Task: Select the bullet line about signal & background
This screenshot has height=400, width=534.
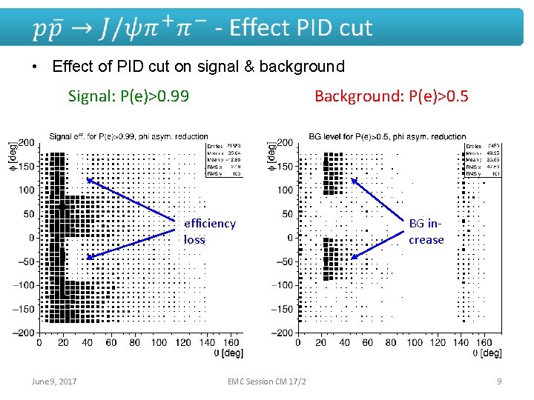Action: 198,67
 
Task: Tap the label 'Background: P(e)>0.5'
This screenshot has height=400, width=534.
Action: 391,96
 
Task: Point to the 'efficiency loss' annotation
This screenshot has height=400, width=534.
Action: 209,231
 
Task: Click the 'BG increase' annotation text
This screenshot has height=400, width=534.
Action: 426,231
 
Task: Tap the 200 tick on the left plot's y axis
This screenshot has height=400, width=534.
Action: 26,142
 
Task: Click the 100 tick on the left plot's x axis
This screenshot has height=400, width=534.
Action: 159,342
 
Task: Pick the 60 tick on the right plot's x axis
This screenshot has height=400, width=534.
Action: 367,342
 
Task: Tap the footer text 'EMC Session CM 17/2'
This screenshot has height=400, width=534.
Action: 268,381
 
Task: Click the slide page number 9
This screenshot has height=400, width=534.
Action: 499,381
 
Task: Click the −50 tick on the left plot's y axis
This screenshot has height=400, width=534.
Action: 24,261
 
